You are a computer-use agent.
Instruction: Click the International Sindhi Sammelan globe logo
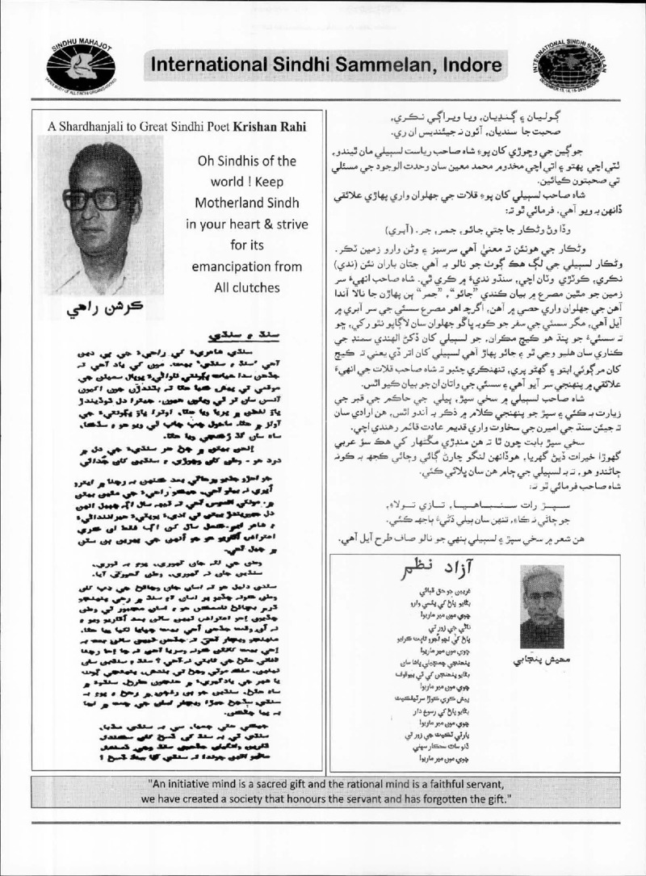click(562, 61)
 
